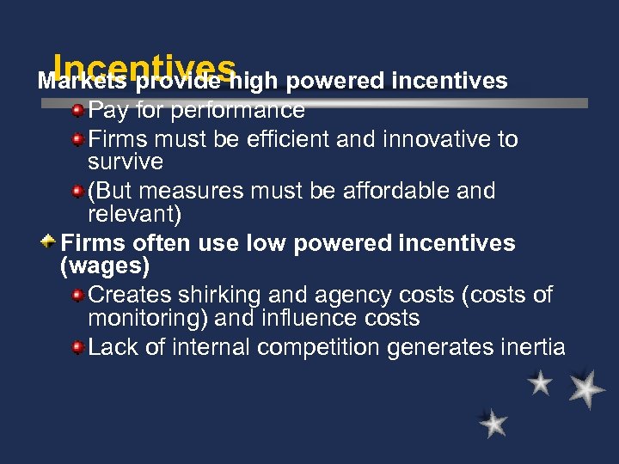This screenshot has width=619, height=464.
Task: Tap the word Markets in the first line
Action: click(x=83, y=81)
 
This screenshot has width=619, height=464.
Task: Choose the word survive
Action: click(x=125, y=162)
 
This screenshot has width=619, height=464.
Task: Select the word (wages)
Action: click(x=105, y=266)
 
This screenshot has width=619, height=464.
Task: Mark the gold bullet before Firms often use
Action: click(x=51, y=243)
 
